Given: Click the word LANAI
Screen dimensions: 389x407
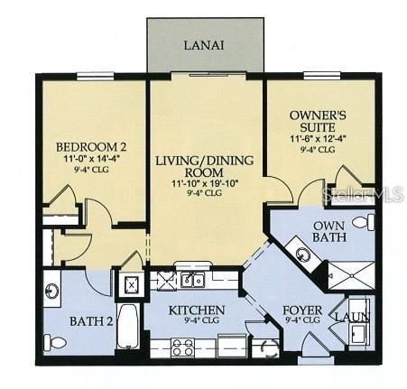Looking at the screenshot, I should tap(205, 43).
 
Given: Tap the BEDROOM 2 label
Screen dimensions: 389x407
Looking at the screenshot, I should tap(91, 147).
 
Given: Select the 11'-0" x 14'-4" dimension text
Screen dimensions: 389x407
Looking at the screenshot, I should tap(91, 159).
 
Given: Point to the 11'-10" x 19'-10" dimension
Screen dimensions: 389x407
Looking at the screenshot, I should tap(205, 183).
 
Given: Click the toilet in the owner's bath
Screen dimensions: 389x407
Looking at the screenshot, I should tap(361, 222).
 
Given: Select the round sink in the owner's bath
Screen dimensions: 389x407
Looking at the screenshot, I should tap(302, 254).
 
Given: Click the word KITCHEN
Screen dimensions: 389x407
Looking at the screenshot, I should tap(196, 309).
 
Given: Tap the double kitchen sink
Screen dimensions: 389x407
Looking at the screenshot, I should tap(190, 279).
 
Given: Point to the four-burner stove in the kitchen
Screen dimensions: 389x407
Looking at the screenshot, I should tap(183, 346).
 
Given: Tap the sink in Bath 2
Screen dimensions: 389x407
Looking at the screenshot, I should tap(52, 292).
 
